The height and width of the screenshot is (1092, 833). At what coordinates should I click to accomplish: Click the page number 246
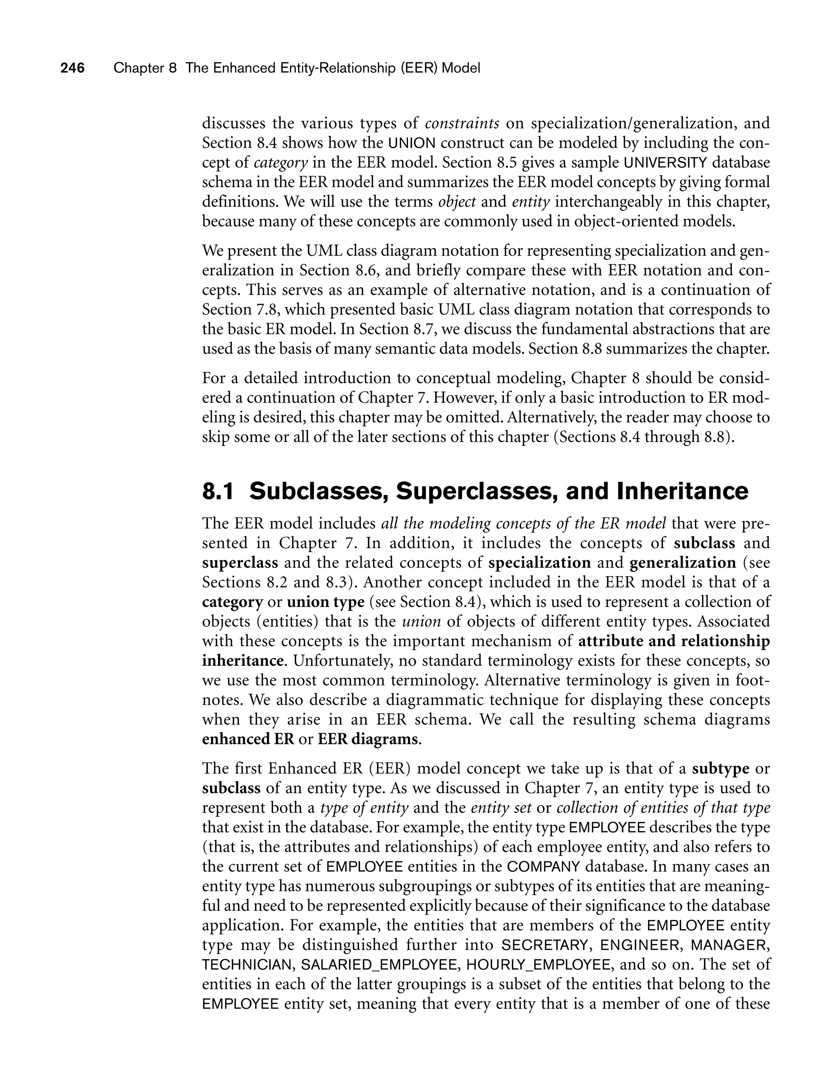[72, 68]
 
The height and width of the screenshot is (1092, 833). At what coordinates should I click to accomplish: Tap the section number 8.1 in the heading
[217, 491]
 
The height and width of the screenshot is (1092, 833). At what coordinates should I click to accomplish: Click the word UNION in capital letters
[412, 143]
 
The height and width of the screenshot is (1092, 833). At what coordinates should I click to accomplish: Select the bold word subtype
[720, 769]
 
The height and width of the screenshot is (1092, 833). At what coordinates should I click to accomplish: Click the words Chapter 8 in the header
[145, 68]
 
